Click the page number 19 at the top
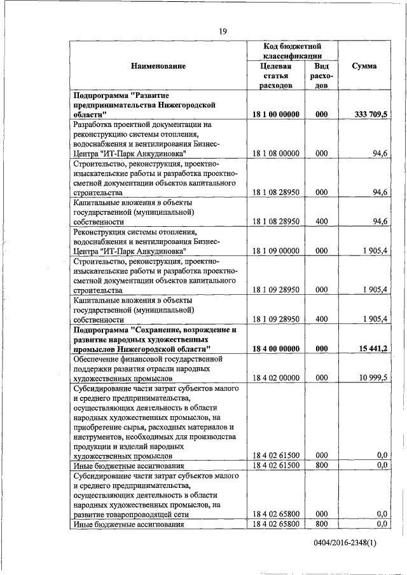223,31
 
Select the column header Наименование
158,66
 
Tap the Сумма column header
364,66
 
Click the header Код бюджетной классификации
292,51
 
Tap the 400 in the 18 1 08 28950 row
321,222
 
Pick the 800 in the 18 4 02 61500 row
321,466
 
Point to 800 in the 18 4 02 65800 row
321,524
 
